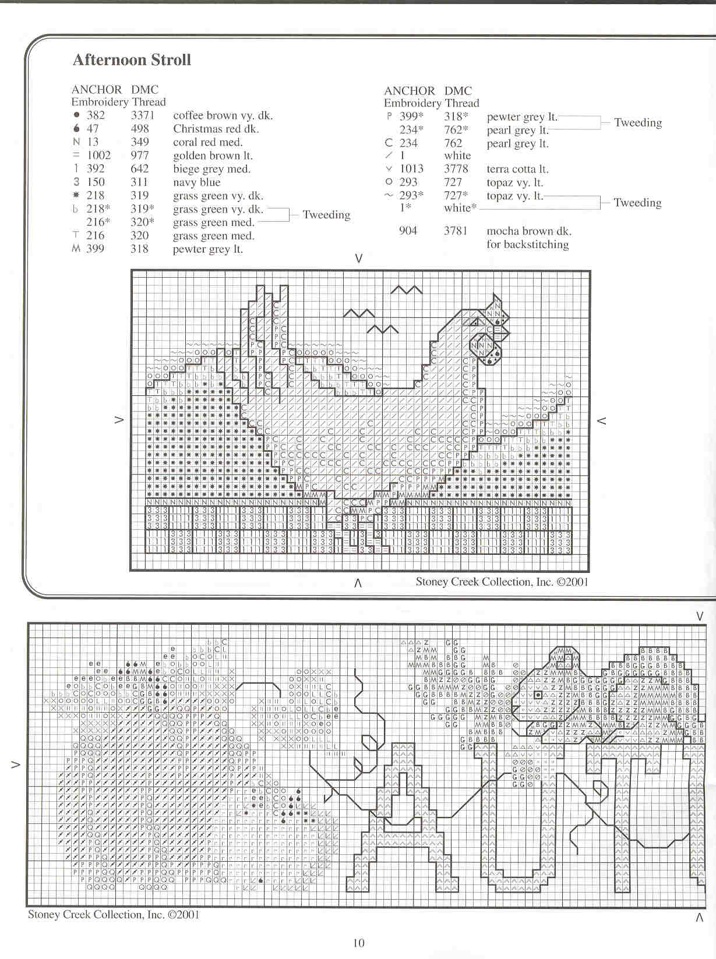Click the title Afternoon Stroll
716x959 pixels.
coord(132,60)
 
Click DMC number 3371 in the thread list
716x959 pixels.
coord(143,115)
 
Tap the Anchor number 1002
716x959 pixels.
coord(98,155)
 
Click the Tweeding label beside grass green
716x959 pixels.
coord(326,215)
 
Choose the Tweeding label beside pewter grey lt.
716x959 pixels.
coord(638,122)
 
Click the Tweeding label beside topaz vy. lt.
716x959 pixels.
coord(637,203)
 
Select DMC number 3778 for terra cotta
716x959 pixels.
coord(456,169)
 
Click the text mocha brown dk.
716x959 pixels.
coord(529,231)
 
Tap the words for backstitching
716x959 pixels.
coord(528,245)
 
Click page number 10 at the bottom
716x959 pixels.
coord(358,943)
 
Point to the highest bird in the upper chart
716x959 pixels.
coord(406,289)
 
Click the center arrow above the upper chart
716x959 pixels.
coord(359,258)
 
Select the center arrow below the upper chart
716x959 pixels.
coord(358,582)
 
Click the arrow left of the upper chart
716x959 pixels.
coord(119,419)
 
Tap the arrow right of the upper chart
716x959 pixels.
coord(602,420)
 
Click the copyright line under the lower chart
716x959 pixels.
coord(114,915)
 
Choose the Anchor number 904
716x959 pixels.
coord(408,231)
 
